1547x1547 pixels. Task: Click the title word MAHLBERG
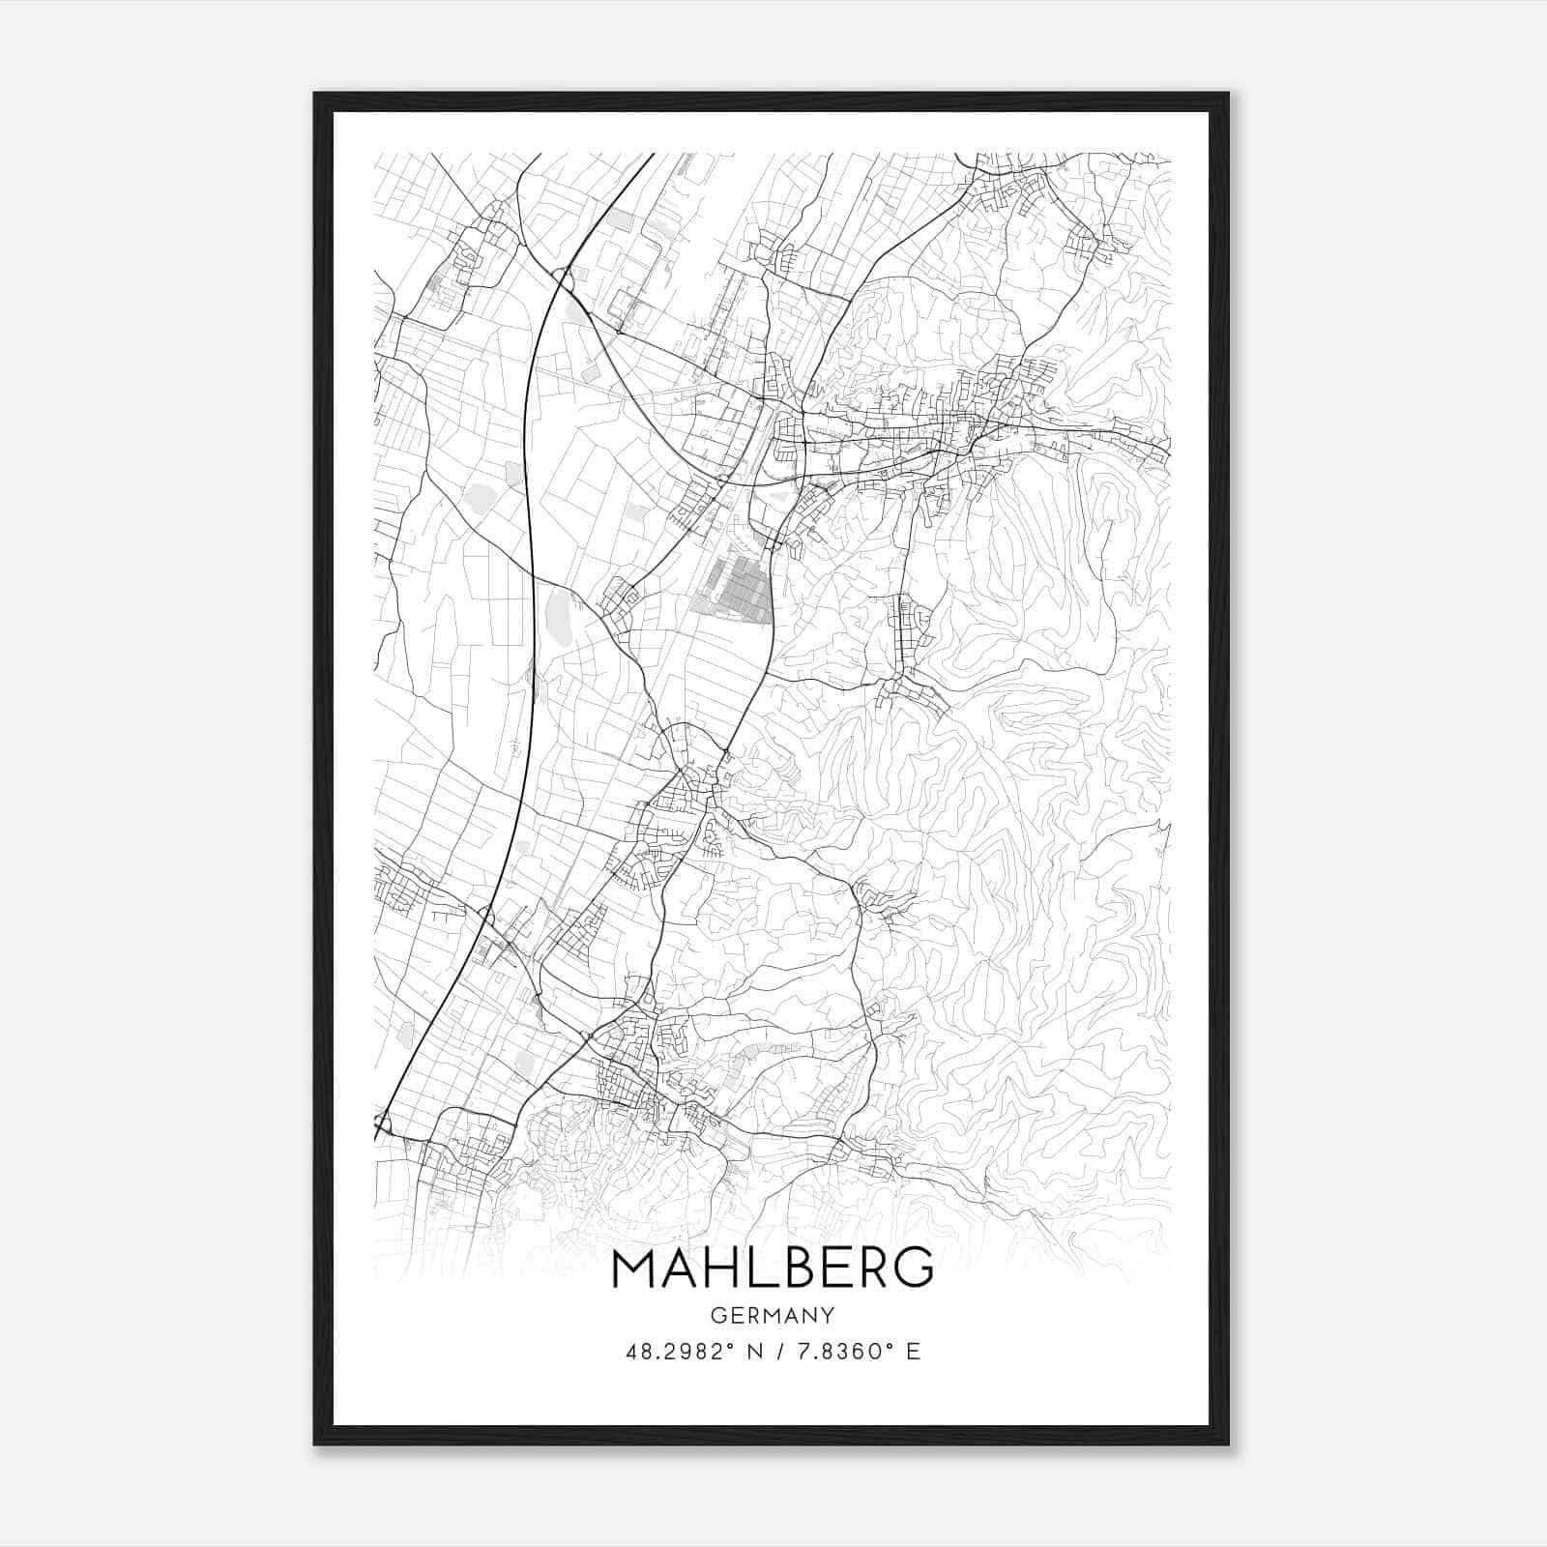773,1269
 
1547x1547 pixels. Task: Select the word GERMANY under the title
773,1315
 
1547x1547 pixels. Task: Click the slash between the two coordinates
780,1352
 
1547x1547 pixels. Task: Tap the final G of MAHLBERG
914,1269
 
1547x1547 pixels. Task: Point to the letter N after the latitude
756,1352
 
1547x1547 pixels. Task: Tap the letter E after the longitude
914,1352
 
